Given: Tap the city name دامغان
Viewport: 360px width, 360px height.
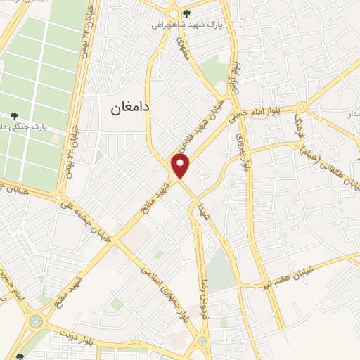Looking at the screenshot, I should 131,108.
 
